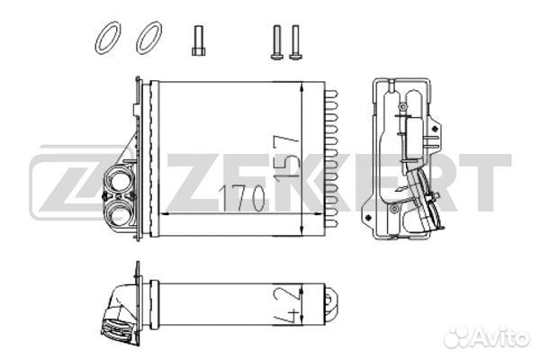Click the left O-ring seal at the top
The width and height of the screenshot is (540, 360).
click(x=108, y=38)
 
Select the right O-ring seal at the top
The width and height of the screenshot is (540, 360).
click(x=148, y=38)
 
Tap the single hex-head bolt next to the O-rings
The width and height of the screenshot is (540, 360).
click(x=199, y=40)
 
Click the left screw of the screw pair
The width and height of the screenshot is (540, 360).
click(x=277, y=42)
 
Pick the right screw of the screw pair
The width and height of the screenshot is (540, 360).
click(x=295, y=42)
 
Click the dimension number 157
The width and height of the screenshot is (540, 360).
click(x=286, y=157)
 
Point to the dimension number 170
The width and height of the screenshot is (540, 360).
click(x=242, y=199)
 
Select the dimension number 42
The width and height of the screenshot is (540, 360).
click(x=285, y=304)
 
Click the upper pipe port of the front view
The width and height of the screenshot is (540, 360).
click(x=119, y=181)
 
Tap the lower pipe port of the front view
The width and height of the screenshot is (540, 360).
click(x=119, y=213)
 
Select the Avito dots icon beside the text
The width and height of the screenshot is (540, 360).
click(x=457, y=337)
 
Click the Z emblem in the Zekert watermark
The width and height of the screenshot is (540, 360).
click(x=76, y=183)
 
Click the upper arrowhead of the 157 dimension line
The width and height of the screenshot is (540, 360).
click(x=301, y=86)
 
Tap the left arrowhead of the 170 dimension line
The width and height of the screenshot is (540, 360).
click(x=166, y=214)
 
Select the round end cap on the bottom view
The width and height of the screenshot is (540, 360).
click(x=331, y=304)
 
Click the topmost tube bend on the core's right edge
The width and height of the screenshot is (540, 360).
click(x=331, y=94)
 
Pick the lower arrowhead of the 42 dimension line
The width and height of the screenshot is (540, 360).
click(x=301, y=320)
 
